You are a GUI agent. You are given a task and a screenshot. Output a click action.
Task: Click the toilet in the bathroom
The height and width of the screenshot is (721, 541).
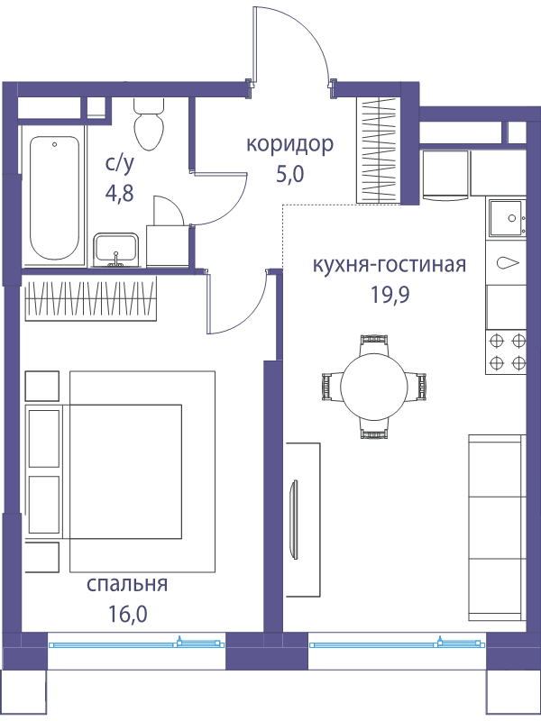coord(149,123)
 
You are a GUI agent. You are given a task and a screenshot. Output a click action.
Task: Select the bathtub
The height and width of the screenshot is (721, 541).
coord(54,197)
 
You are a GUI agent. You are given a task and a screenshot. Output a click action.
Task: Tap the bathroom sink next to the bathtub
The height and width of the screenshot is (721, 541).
coord(116,250)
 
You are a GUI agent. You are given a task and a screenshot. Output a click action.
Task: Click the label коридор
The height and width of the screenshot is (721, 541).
coord(289,144)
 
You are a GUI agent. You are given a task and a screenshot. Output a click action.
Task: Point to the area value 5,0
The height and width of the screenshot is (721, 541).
coord(290,175)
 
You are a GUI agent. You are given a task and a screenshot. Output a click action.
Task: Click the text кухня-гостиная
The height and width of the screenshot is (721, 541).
coord(390,265)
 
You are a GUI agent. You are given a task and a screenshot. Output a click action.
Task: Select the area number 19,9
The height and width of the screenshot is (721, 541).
coord(390,296)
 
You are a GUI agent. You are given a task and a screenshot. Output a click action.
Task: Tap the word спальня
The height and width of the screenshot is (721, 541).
coord(127,584)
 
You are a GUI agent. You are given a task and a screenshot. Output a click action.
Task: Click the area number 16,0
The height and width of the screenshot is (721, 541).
coord(128,614)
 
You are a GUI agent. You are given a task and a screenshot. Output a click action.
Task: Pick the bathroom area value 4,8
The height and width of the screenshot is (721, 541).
coord(120,194)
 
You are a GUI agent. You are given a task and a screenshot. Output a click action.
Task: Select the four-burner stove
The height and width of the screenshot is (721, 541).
coord(506,352)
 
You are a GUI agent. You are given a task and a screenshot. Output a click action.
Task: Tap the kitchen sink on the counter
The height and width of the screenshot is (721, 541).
coord(507,218)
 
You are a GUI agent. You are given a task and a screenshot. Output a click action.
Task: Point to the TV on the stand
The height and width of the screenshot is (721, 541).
coord(293,518)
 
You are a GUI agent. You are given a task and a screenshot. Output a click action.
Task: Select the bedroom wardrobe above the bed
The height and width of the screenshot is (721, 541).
coord(91,298)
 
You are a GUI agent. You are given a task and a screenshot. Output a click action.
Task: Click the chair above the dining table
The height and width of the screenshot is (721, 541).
coord(373,344)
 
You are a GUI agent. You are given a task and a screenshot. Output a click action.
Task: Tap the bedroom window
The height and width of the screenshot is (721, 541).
coord(136,644)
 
